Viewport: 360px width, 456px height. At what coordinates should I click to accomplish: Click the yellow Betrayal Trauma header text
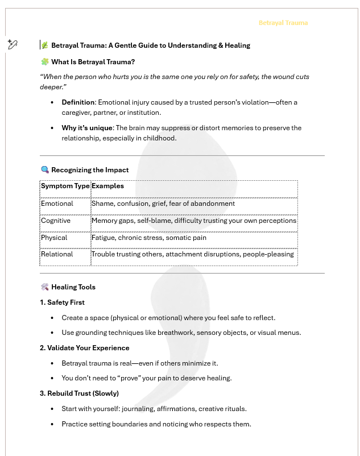click(283, 23)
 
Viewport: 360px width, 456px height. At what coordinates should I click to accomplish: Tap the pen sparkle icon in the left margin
click(13, 44)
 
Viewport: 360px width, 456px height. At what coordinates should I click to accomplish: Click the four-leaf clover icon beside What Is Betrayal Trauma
click(45, 62)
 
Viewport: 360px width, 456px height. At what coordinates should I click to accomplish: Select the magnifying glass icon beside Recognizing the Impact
click(45, 170)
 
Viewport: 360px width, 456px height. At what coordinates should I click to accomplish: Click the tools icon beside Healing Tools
click(45, 287)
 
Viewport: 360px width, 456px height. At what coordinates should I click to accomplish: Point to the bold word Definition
click(78, 102)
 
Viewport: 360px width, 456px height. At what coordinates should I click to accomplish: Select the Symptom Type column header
click(65, 186)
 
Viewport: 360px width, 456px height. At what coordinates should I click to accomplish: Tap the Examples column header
click(107, 186)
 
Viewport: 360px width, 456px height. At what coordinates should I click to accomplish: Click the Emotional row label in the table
click(57, 204)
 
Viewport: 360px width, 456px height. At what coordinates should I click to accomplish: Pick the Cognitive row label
click(56, 221)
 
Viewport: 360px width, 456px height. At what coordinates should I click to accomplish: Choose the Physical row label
click(54, 238)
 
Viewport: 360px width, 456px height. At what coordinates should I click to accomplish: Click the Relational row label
click(57, 254)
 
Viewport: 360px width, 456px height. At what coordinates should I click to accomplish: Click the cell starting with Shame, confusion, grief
click(163, 204)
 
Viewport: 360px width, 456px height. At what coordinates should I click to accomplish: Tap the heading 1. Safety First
click(62, 302)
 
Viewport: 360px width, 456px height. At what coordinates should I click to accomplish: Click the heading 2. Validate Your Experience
click(84, 348)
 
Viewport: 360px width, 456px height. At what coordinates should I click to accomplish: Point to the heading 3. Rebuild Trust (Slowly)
click(79, 393)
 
